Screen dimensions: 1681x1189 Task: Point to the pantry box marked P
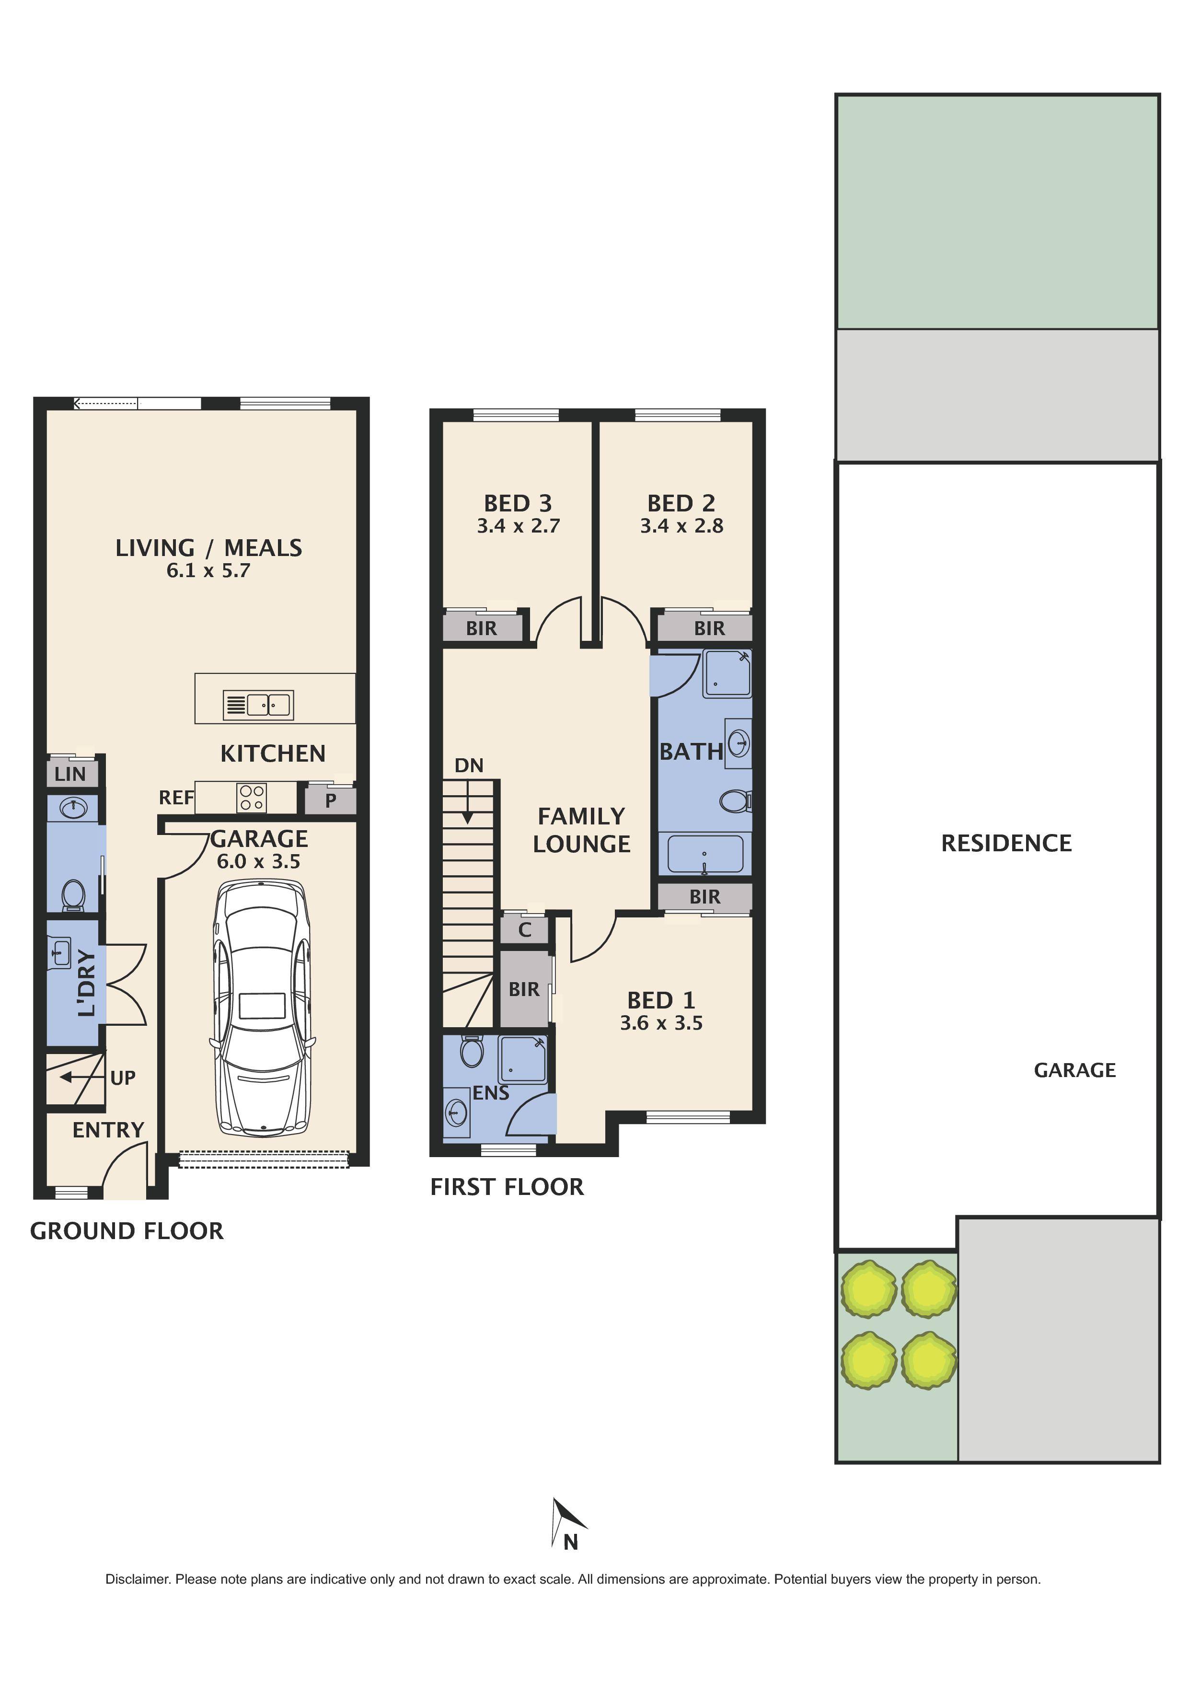330,800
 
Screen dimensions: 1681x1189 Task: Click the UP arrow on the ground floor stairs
72,1077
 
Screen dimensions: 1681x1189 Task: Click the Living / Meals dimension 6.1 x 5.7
208,570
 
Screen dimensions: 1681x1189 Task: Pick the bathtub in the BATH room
705,854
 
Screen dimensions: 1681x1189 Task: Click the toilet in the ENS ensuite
472,1052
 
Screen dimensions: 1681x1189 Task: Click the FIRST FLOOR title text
507,1187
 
